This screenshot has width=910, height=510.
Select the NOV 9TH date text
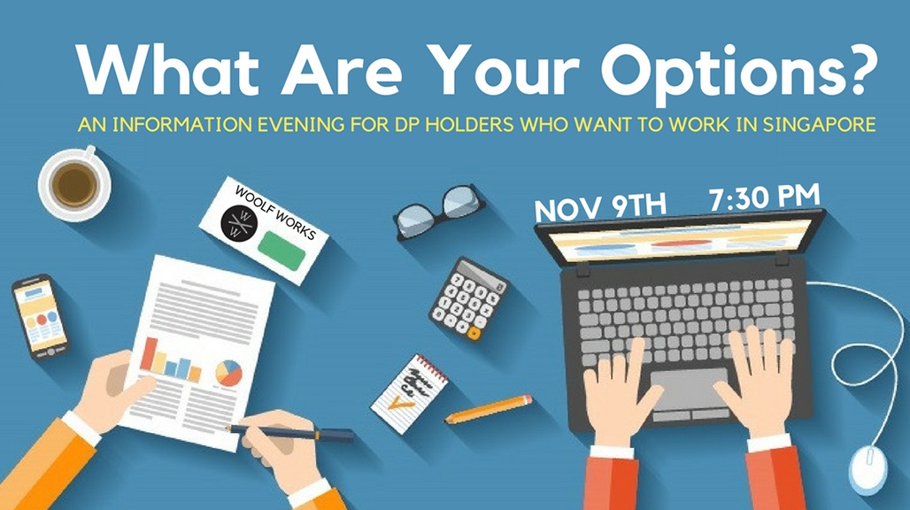600,206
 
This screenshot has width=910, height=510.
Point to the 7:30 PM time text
764,197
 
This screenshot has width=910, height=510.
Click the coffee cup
74,184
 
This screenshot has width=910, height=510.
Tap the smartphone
40,317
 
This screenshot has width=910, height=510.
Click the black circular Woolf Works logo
239,223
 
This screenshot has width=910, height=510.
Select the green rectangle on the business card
281,251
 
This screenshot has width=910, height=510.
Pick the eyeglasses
439,212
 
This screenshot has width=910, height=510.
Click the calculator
469,298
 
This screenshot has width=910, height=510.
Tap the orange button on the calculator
474,333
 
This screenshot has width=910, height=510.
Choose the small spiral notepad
410,393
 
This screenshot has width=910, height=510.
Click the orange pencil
488,408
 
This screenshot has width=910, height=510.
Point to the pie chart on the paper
228,373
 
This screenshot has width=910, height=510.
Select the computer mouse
868,468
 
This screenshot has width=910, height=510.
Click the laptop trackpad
690,389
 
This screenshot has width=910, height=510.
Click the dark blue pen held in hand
290,432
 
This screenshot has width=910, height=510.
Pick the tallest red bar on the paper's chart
149,354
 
